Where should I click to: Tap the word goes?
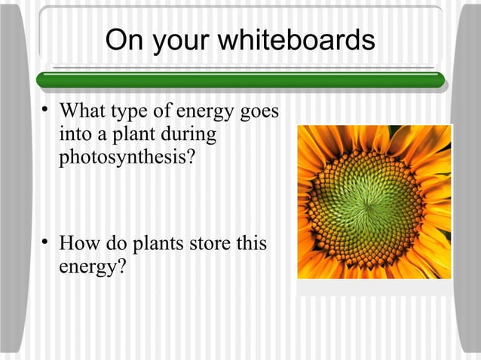259,114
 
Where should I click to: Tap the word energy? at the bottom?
91,267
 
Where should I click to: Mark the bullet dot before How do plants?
46,243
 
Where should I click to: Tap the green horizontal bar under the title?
240,78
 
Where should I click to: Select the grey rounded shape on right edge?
469,181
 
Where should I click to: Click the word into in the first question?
75,136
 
